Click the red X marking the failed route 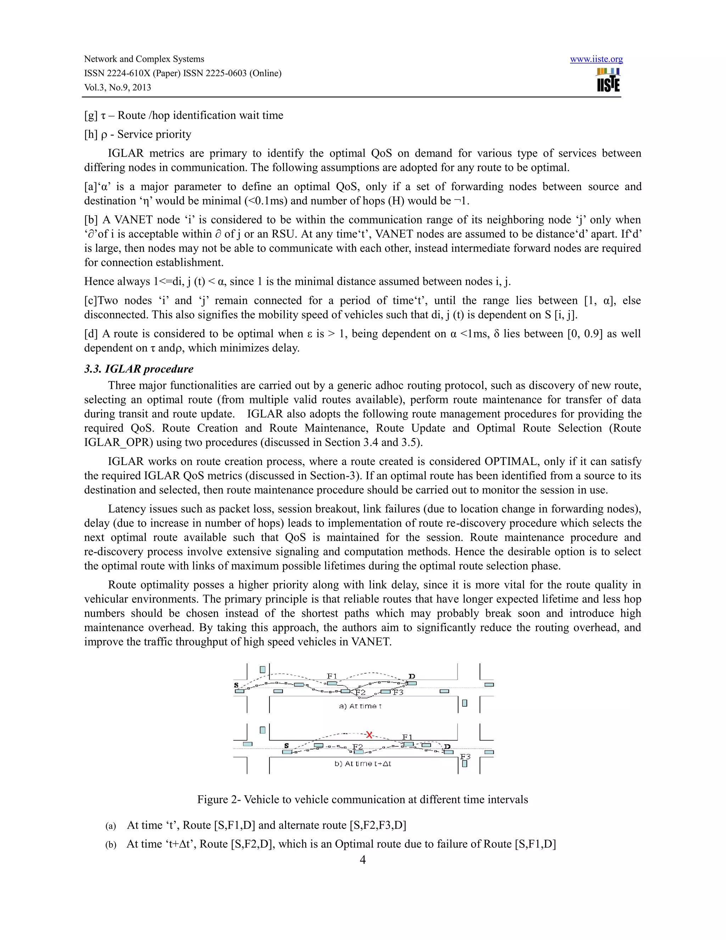(369, 735)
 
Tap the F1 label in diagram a (331, 676)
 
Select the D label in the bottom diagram (447, 747)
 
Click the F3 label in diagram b (465, 757)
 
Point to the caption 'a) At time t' (360, 706)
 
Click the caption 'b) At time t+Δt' (363, 764)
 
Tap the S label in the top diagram (236, 685)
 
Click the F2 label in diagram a (360, 692)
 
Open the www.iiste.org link (596, 59)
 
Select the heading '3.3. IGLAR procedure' (139, 369)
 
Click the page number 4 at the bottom (363, 859)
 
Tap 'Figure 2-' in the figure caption (218, 800)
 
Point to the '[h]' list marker (91, 134)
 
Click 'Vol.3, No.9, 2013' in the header (117, 87)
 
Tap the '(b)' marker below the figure (111, 845)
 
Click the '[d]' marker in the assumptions (91, 334)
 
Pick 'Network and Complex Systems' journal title (144, 59)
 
